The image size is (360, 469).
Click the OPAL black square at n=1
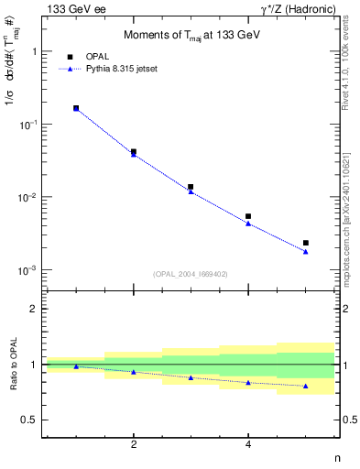76,108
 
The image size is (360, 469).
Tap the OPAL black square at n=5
306,243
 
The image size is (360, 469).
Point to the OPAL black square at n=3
191,187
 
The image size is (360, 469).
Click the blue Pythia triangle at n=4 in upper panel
248,224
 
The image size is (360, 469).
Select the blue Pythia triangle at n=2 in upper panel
134,154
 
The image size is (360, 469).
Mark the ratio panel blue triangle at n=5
306,386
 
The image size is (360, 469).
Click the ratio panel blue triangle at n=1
76,366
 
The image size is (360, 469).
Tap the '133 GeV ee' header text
72,8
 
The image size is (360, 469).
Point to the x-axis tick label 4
248,445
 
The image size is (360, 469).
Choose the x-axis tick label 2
134,445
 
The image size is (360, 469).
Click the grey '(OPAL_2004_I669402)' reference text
191,273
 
